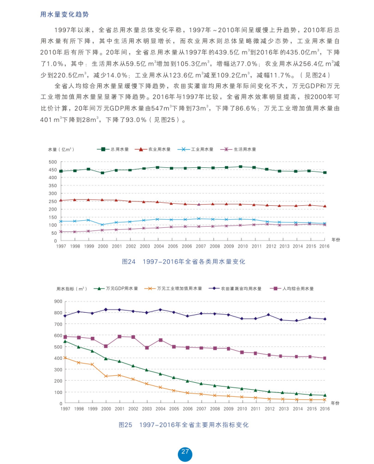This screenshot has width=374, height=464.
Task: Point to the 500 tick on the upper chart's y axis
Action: pos(52,162)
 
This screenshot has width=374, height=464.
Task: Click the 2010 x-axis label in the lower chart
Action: pos(243,409)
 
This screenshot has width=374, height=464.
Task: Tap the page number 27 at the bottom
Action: pos(185,452)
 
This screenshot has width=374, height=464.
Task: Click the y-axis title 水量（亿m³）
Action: pos(60,149)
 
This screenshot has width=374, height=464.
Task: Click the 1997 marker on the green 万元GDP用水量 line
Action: pos(65,341)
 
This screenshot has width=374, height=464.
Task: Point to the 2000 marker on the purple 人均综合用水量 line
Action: pos(106,346)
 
